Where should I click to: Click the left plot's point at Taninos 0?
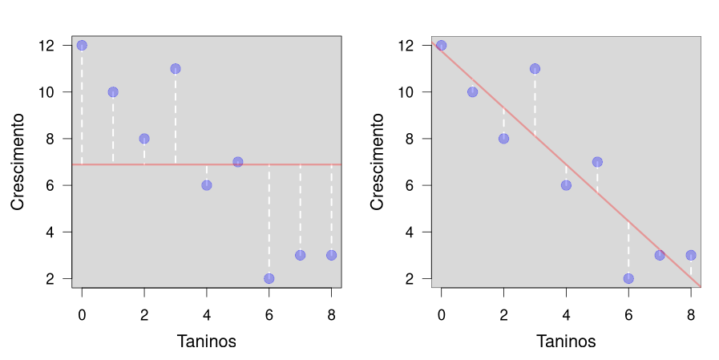coord(82,46)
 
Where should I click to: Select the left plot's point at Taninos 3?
coord(176,69)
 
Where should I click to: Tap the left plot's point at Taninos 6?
coord(269,278)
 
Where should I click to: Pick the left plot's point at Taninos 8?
coord(331,255)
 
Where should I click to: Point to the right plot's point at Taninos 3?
coord(535,69)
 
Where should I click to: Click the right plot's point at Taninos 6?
coord(628,278)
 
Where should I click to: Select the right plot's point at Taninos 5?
coord(597,162)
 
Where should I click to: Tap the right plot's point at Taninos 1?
coord(472,92)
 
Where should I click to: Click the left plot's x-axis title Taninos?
coord(206,342)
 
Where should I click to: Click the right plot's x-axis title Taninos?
coord(566,342)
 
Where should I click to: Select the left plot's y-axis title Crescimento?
coord(18,161)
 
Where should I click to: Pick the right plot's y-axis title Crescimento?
coord(378,161)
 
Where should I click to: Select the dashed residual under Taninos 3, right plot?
coord(535,104)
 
